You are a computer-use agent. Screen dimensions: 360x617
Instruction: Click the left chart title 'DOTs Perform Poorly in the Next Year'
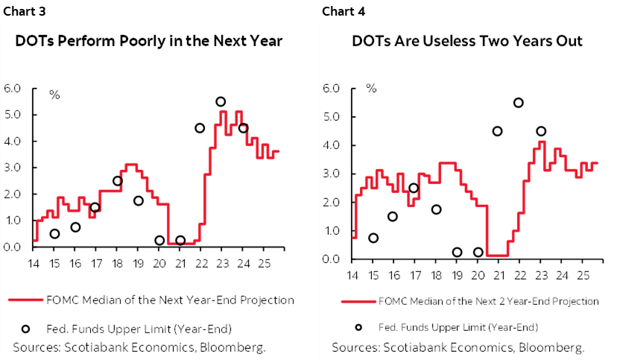pos(149,41)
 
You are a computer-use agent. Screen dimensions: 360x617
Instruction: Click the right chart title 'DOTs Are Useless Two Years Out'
pos(467,41)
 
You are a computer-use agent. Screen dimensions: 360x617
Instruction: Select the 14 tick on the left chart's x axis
pos(34,262)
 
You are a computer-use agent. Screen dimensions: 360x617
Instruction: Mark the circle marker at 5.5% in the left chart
pos(221,102)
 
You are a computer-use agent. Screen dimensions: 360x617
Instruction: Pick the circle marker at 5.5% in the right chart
pos(519,103)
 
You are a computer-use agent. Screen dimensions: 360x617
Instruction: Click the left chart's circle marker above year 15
pos(54,234)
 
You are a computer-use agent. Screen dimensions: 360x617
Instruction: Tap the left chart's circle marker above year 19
pos(139,201)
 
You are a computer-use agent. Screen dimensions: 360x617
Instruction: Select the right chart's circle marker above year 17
pos(414,188)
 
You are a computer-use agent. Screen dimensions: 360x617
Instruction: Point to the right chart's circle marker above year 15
pos(373,239)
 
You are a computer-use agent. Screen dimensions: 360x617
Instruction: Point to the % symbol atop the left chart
pos(54,95)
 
